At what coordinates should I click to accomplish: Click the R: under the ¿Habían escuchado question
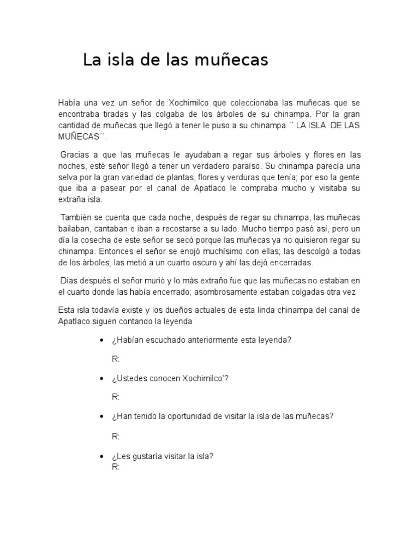pos(116,359)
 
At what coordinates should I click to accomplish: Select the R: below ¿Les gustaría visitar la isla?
pos(116,467)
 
